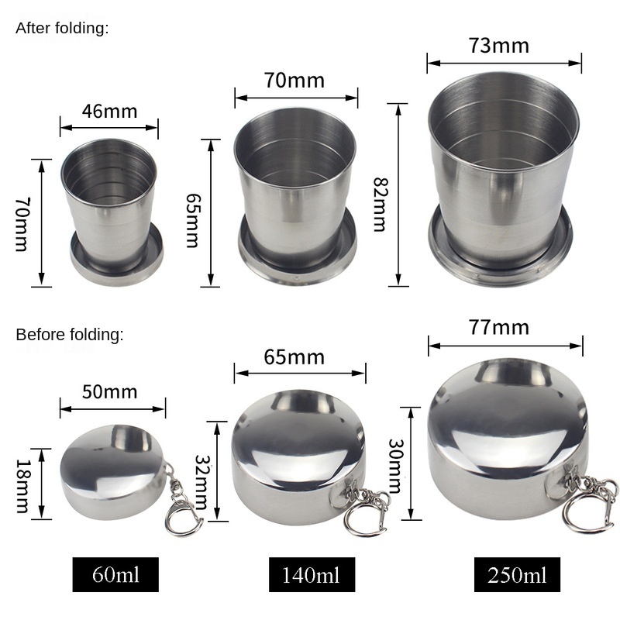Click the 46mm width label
[x=109, y=112]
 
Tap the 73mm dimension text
[x=499, y=46]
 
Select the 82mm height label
[x=381, y=205]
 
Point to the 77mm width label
[x=499, y=328]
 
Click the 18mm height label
[x=22, y=486]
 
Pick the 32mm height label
[x=201, y=482]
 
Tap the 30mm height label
[x=395, y=466]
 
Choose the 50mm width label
[x=109, y=392]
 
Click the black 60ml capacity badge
[x=115, y=574]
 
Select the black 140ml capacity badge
[x=312, y=574]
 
